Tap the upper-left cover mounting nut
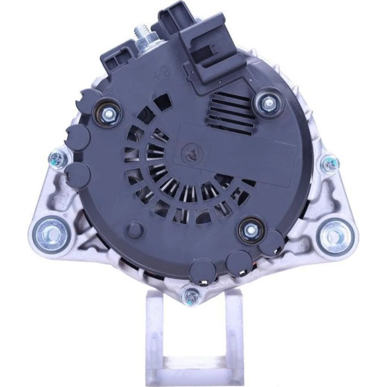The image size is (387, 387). click(108, 113)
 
